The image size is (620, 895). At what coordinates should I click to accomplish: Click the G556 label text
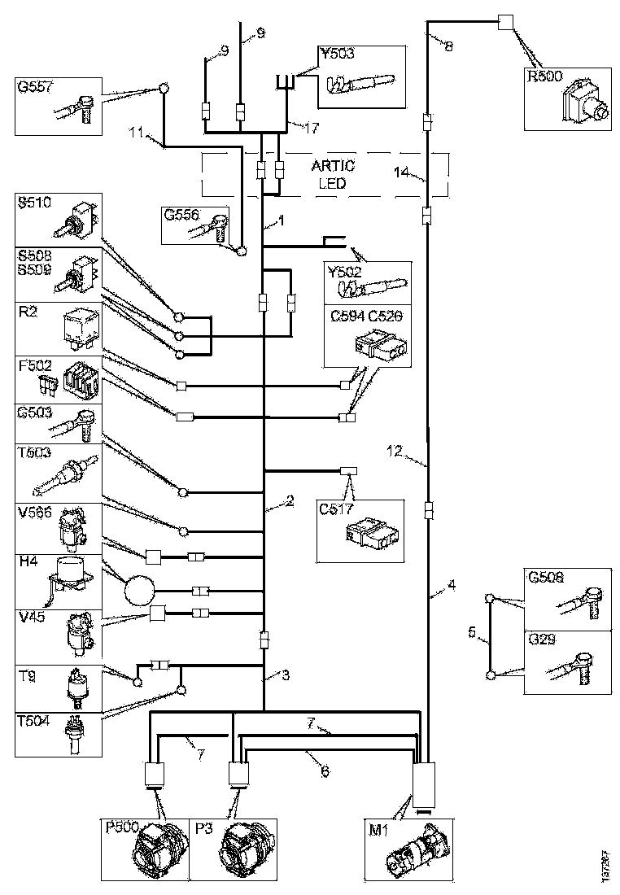181,215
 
